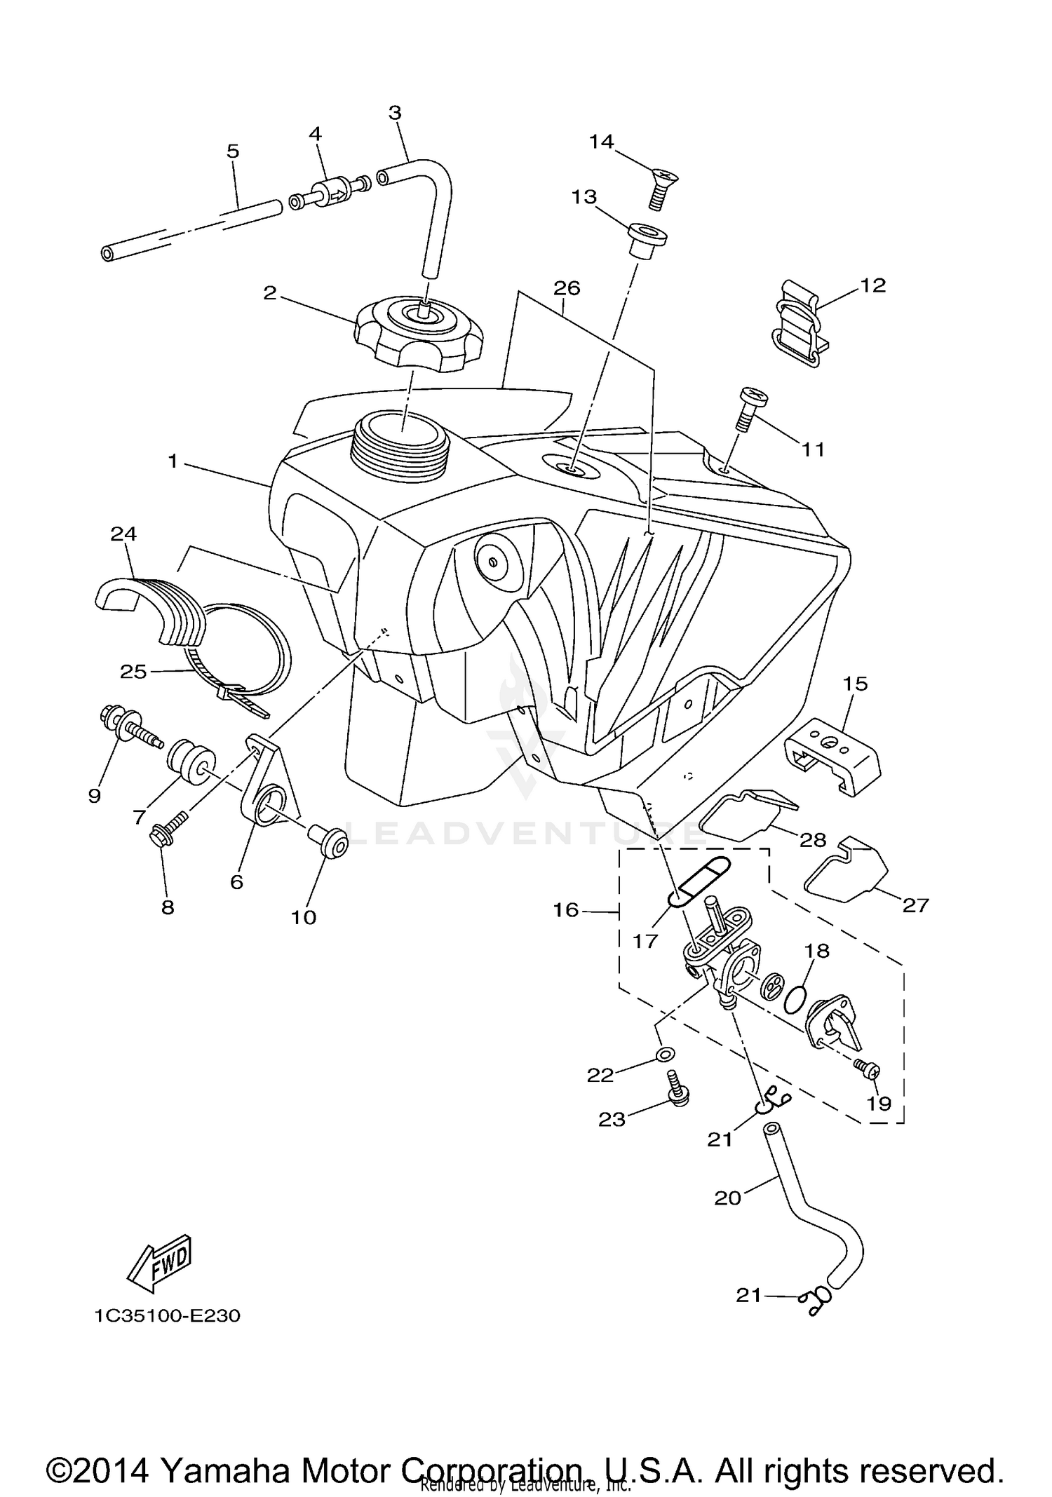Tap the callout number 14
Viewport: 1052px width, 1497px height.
(x=601, y=142)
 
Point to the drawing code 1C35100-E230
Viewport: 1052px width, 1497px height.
(x=168, y=1315)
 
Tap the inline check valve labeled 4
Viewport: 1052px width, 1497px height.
(x=330, y=194)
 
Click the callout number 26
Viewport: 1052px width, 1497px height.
(x=567, y=288)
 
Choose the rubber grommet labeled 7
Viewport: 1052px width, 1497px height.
(x=191, y=761)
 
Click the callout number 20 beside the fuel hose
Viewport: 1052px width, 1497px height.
(x=727, y=1198)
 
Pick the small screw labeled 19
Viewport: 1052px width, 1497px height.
(x=868, y=1069)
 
